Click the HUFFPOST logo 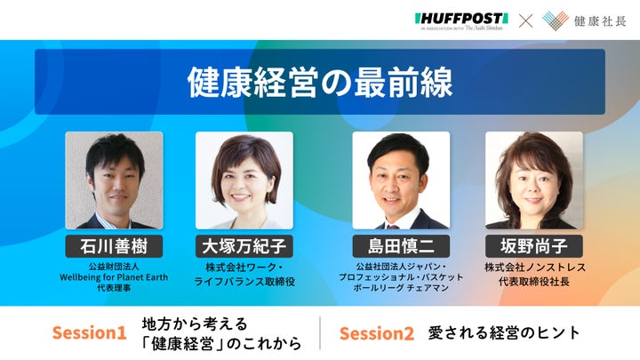(461, 21)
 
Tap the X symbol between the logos (525, 20)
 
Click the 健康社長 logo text (600, 21)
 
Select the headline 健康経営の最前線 (320, 82)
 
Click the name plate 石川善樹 (114, 246)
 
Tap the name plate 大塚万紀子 (244, 246)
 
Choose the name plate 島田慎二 (401, 246)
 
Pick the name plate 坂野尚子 (534, 246)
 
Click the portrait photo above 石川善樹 (114, 180)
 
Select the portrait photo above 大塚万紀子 (244, 180)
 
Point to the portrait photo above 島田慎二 (401, 180)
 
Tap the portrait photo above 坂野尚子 (534, 180)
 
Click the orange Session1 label (90, 332)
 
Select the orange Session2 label (377, 333)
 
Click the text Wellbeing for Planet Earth (114, 277)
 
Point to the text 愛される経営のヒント (504, 332)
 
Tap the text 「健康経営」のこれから (221, 344)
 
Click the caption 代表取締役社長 (534, 282)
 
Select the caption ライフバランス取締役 (244, 282)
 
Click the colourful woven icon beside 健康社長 (556, 20)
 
